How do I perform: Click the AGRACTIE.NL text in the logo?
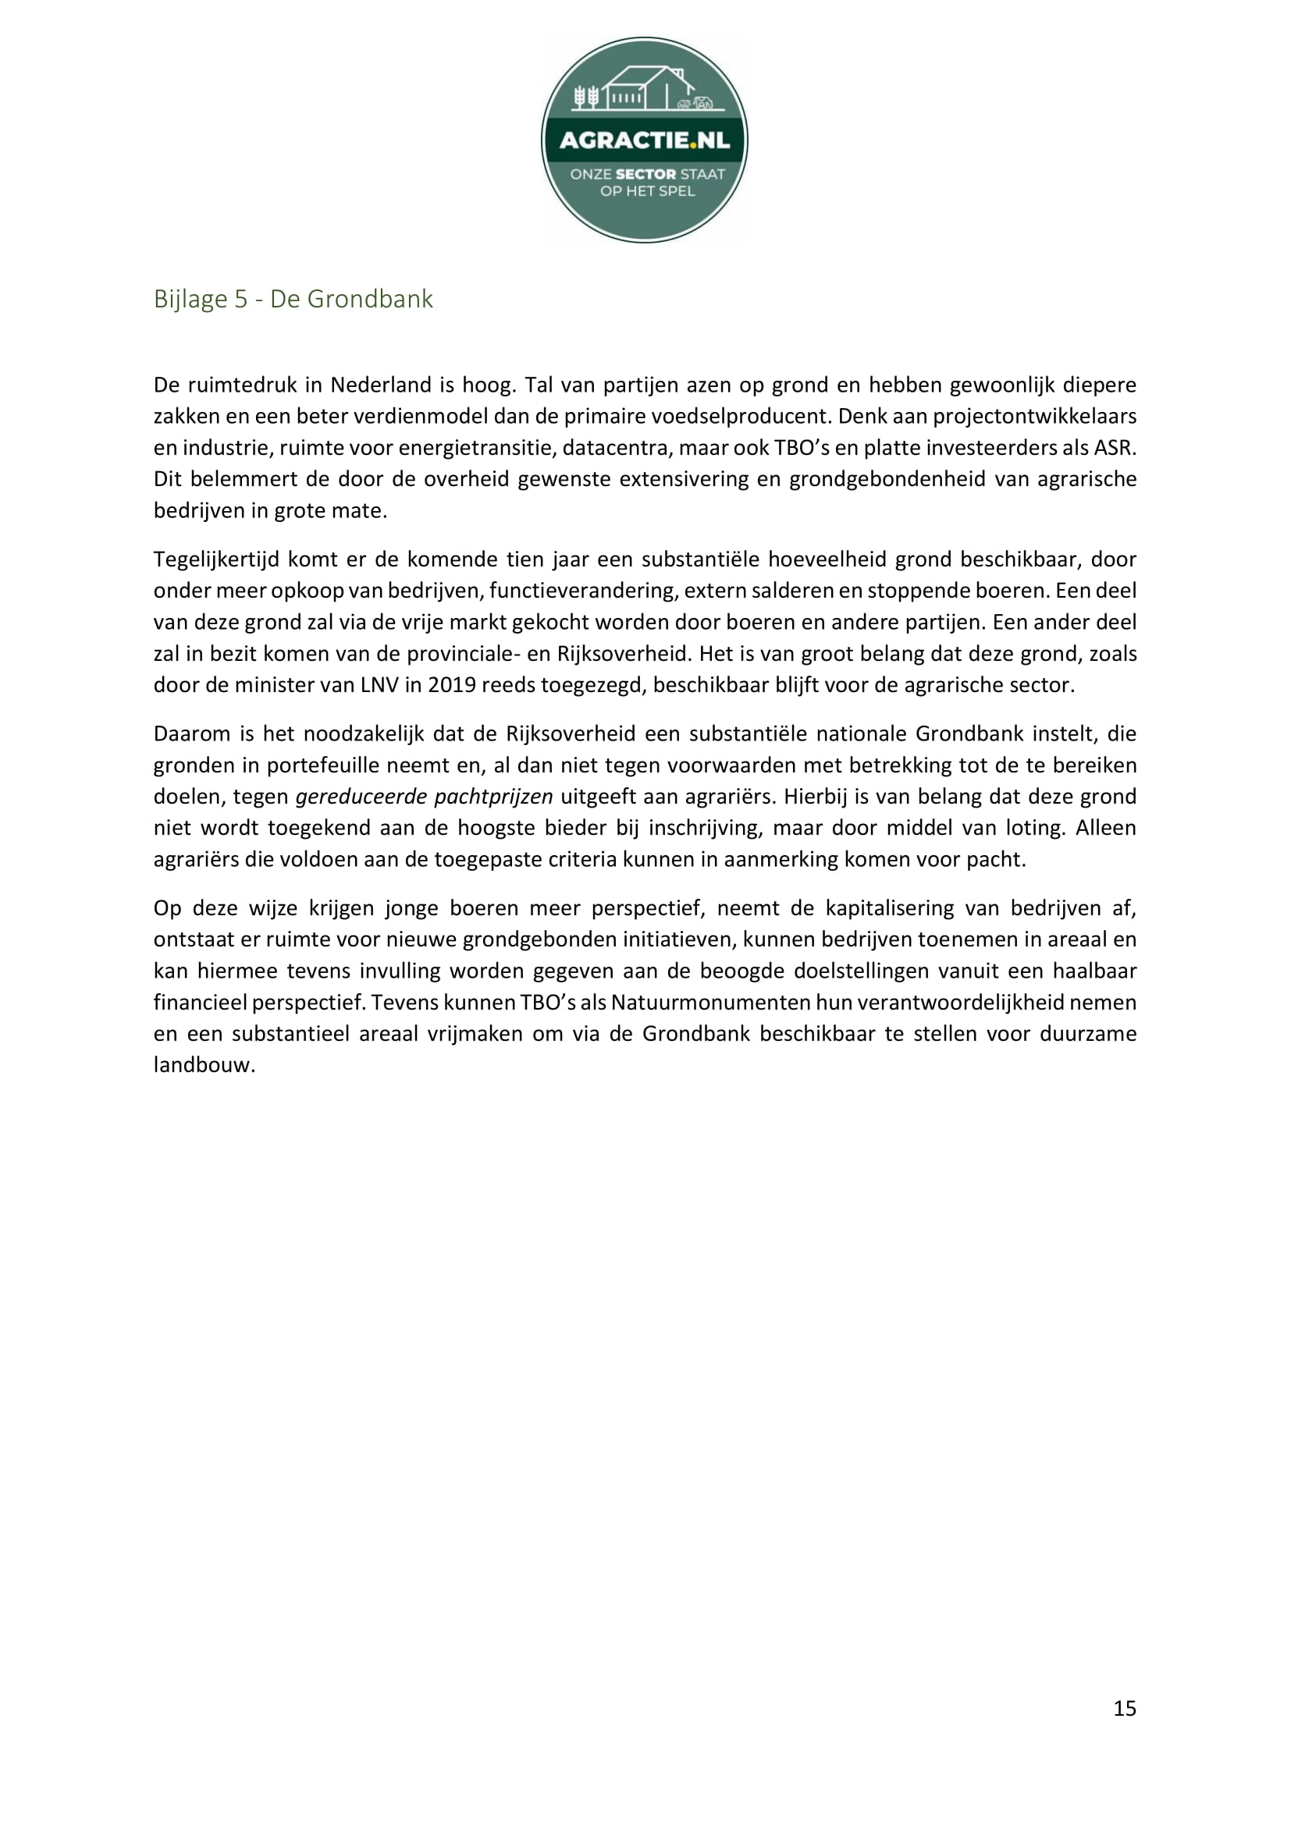[x=645, y=141]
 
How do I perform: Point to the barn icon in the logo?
[x=648, y=87]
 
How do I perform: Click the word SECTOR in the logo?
[x=645, y=174]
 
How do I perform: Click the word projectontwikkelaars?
[x=1033, y=417]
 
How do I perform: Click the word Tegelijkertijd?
[x=216, y=559]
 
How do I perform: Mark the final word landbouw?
[x=204, y=1065]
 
